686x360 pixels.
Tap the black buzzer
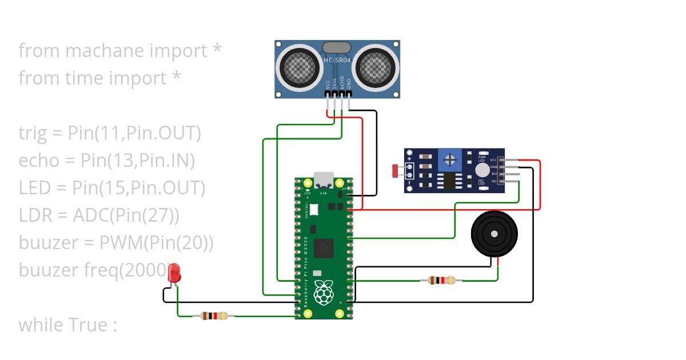pos(494,234)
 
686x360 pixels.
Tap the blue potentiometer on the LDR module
pos(451,158)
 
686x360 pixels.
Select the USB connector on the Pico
pos(324,179)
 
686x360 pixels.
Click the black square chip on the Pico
pos(325,247)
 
